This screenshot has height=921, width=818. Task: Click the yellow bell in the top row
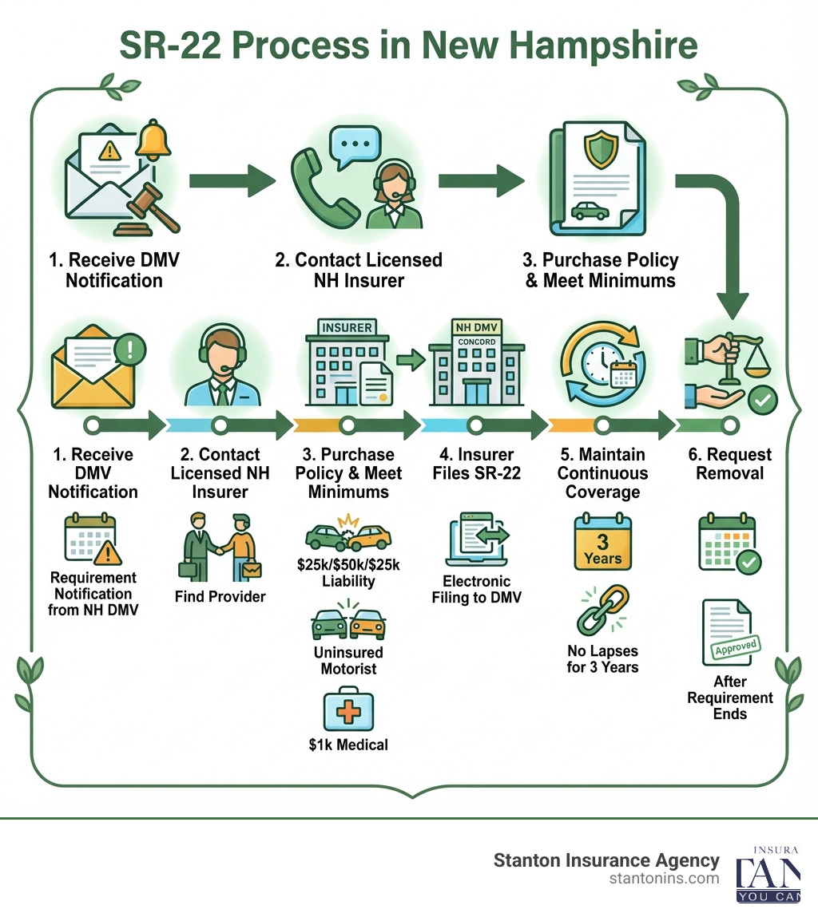[x=154, y=141]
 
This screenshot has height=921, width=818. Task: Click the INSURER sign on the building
[x=346, y=327]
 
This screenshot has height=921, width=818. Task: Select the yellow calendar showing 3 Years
[x=602, y=543]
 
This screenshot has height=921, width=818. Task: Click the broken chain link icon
[x=602, y=610]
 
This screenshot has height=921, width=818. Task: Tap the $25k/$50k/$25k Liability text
[x=347, y=573]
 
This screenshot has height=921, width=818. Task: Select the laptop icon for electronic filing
[x=478, y=542]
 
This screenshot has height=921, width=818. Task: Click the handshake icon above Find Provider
[x=219, y=547]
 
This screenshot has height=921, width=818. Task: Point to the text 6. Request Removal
[x=730, y=464]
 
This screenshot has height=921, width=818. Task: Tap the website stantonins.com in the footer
[x=663, y=879]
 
